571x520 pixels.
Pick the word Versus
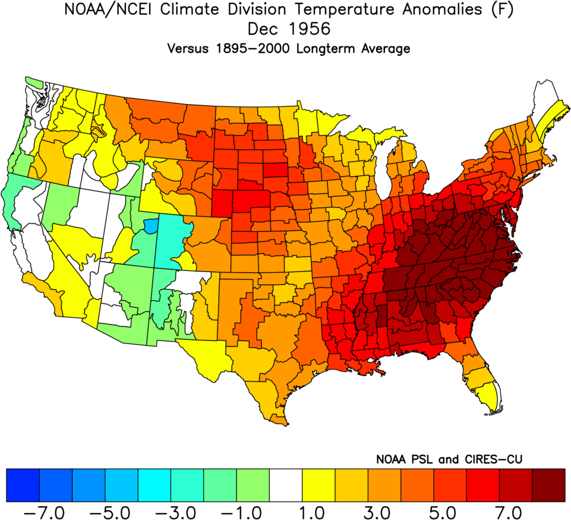pyautogui.click(x=188, y=49)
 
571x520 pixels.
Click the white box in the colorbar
pyautogui.click(x=286, y=484)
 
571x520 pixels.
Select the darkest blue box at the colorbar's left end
pyautogui.click(x=23, y=484)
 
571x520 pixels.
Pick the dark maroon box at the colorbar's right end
pyautogui.click(x=548, y=484)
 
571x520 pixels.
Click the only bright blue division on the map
pyautogui.click(x=151, y=226)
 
